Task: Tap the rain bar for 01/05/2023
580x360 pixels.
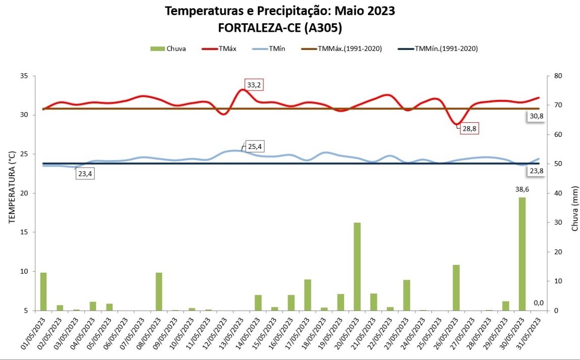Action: click(43, 291)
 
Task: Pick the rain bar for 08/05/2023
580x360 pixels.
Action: click(159, 291)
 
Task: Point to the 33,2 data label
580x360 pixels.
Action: click(254, 85)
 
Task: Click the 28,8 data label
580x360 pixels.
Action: click(469, 128)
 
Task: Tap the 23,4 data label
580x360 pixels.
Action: click(85, 174)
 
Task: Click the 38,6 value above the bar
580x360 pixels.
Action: click(522, 189)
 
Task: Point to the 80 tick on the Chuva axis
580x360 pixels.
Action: click(558, 76)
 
